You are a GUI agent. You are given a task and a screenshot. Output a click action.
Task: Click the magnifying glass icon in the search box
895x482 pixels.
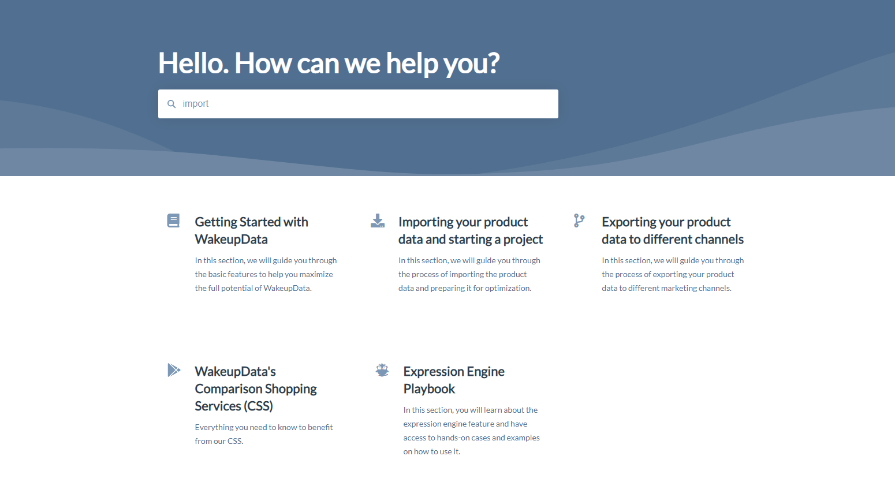click(171, 104)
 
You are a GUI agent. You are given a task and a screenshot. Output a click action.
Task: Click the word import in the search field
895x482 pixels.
click(195, 104)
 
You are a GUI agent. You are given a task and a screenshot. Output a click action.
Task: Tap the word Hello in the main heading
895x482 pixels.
click(193, 63)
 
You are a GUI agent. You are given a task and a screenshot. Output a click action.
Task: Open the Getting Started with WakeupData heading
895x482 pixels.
click(251, 230)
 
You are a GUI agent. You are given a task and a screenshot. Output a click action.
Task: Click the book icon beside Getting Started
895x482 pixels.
click(173, 221)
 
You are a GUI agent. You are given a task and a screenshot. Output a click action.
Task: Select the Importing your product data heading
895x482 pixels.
click(470, 230)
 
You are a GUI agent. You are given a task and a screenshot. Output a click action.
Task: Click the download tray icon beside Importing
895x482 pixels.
click(378, 221)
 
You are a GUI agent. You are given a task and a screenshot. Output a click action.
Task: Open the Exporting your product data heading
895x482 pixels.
click(673, 230)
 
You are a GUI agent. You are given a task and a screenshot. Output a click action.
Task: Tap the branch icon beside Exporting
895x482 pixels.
click(579, 221)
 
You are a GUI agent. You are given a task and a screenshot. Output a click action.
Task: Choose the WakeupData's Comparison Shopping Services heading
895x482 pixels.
click(256, 388)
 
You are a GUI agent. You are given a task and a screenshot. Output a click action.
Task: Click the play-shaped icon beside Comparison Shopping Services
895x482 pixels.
click(174, 370)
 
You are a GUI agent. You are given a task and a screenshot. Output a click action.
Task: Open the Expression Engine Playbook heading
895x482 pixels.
click(454, 380)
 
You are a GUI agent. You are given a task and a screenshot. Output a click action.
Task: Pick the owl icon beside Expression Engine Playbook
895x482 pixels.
click(382, 370)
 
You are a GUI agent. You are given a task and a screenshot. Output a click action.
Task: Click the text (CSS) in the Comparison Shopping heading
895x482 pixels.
click(259, 406)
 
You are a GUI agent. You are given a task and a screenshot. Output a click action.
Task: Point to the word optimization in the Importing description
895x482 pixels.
click(508, 288)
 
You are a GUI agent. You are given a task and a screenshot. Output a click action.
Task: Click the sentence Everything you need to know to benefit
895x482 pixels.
click(264, 427)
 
